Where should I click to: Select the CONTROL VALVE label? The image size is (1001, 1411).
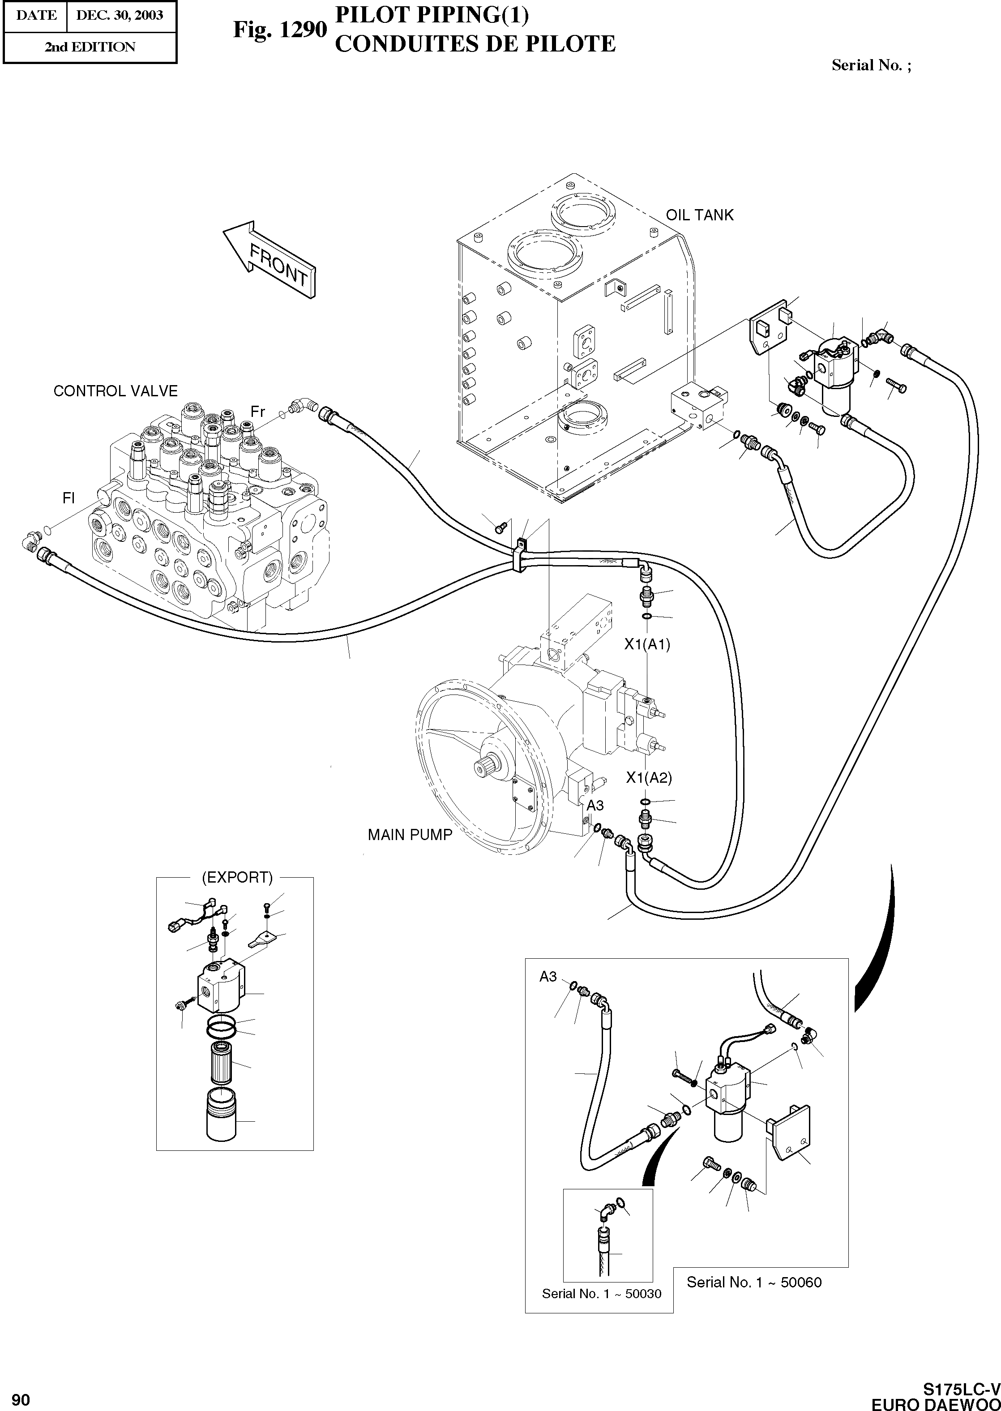115,391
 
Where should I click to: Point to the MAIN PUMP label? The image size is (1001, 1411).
410,835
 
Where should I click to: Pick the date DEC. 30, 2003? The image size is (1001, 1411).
120,15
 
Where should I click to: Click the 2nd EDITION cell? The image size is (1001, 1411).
90,47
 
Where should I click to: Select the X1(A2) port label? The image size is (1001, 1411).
648,778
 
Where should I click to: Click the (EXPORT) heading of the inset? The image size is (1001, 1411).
237,877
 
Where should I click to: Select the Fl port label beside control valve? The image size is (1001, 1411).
68,497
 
